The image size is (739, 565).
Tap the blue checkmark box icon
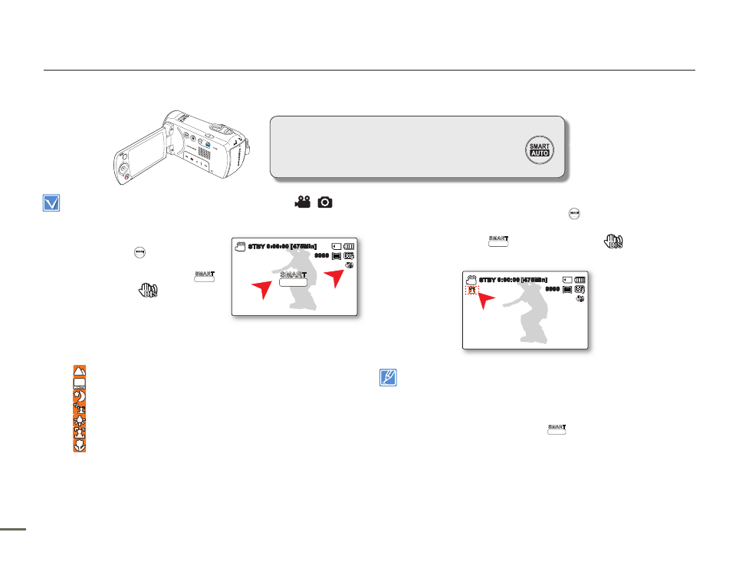[48, 203]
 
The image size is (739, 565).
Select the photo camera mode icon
[326, 202]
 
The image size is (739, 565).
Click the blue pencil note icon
[388, 378]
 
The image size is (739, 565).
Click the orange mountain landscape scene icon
[80, 371]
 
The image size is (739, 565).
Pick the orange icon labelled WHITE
[80, 383]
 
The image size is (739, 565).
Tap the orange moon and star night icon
[80, 396]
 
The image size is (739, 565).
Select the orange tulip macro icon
[80, 408]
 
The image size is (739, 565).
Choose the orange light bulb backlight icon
[80, 420]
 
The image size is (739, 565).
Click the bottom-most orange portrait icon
[80, 445]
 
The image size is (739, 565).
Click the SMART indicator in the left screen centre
[292, 278]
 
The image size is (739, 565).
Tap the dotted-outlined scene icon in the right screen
[473, 291]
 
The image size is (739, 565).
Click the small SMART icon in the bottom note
[557, 429]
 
